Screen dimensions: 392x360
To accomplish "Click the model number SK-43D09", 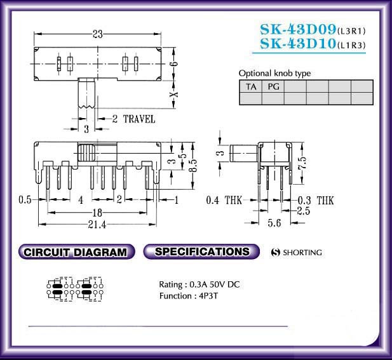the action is (297, 29).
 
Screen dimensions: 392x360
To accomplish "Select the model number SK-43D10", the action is (297, 43).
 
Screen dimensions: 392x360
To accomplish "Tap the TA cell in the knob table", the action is (251, 86).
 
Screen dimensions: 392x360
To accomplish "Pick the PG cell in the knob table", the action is (273, 86).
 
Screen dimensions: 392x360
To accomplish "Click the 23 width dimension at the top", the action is (97, 34).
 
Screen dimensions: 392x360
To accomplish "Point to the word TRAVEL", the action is (139, 119).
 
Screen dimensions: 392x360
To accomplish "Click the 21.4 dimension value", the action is (97, 225).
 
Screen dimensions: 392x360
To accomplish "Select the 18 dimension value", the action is (97, 213).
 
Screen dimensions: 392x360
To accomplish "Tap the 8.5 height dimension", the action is (193, 166).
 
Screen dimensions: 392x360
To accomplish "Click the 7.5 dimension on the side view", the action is (302, 163).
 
